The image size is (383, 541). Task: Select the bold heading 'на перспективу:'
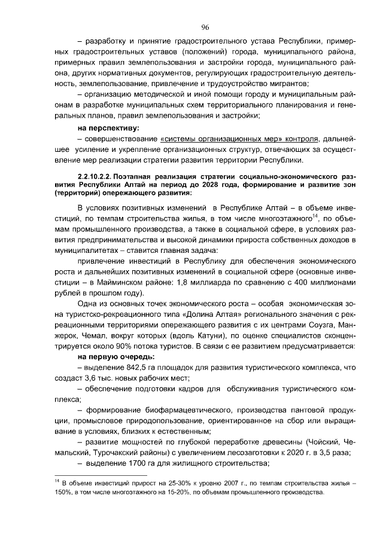108,128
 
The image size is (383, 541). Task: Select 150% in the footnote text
59,493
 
